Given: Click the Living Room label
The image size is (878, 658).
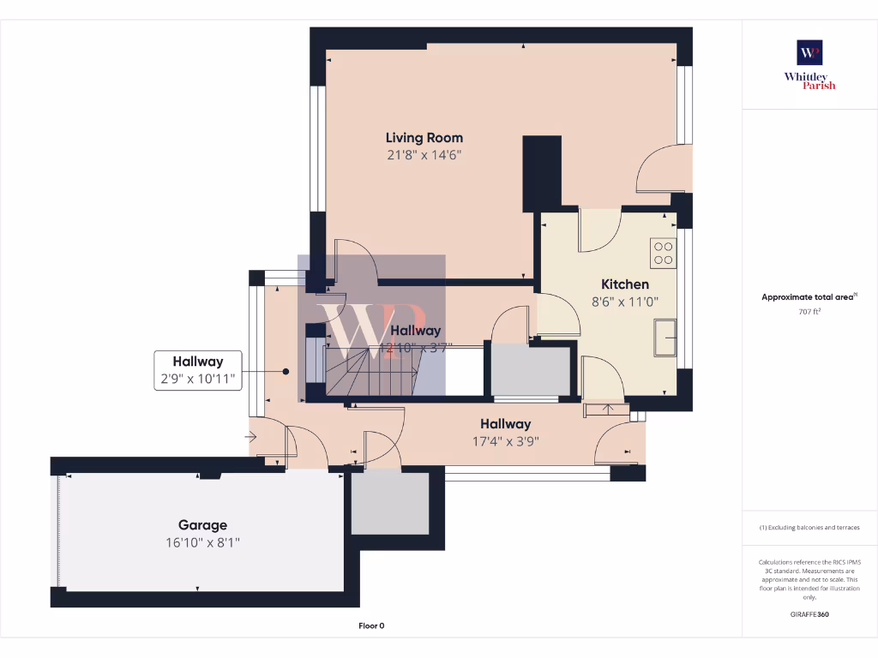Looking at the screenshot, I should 424,137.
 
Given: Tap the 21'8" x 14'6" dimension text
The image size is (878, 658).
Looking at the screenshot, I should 424,155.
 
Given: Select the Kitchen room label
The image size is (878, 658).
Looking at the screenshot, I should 624,284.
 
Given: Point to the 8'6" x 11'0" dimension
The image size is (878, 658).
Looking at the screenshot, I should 624,302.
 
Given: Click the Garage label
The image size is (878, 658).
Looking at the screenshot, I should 202,525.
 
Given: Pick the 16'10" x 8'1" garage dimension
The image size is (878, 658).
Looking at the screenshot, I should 202,542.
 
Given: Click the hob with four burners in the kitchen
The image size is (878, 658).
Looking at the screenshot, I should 664,253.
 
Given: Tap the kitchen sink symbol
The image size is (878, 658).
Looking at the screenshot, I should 665,337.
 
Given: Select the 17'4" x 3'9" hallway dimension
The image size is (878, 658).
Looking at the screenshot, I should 505,441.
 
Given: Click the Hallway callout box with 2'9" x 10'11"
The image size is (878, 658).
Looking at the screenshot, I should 198,370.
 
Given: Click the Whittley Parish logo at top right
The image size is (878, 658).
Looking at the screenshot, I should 809,65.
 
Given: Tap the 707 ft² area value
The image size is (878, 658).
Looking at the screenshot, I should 809,311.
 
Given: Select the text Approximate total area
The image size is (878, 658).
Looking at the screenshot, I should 808,297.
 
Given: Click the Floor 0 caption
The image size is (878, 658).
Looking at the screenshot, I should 371,625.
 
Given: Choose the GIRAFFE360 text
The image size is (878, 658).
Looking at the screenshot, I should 809,613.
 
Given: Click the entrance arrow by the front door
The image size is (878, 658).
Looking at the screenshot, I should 250,437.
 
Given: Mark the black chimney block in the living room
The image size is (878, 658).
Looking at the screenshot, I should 542,171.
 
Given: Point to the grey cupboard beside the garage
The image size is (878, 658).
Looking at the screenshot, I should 390,503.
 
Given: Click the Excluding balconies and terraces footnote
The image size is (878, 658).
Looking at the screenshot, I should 809,527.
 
